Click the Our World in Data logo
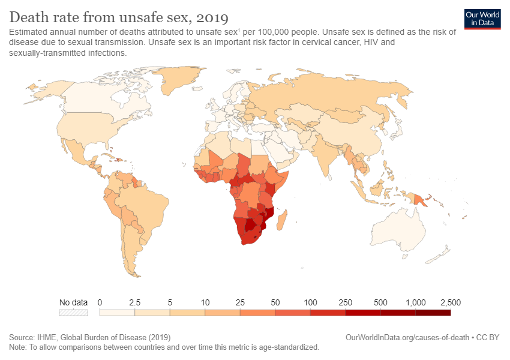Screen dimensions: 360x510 pyautogui.click(x=482, y=18)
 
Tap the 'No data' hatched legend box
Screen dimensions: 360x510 pyautogui.click(x=73, y=312)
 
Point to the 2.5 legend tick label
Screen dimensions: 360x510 pyautogui.click(x=134, y=302)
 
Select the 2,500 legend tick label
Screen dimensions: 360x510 pyautogui.click(x=449, y=302)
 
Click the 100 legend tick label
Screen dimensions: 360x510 pyautogui.click(x=310, y=302)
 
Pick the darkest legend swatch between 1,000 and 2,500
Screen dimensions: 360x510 pyautogui.click(x=433, y=312)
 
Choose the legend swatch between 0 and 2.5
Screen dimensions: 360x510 pyautogui.click(x=117, y=312)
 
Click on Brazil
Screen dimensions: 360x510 pyautogui.click(x=147, y=207)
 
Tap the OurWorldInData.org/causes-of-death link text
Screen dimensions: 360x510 pyautogui.click(x=408, y=338)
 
